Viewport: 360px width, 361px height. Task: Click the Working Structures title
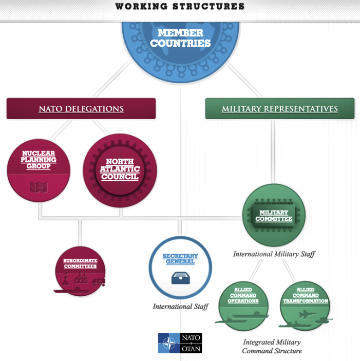(x=180, y=7)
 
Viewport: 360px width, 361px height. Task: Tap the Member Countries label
(x=180, y=39)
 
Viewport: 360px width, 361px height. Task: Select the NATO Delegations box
(x=81, y=109)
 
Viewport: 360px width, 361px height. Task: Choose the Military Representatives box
(x=279, y=109)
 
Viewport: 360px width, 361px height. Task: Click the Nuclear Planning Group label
(x=39, y=159)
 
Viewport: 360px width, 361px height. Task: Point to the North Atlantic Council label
(x=119, y=169)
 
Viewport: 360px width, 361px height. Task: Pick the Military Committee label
(x=274, y=216)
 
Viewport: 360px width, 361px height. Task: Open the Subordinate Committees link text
(x=80, y=263)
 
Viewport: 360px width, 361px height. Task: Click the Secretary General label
(x=180, y=258)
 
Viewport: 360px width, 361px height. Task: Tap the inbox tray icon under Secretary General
(x=180, y=278)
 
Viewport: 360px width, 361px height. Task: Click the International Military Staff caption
(x=274, y=254)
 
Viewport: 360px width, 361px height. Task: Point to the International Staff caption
(x=180, y=307)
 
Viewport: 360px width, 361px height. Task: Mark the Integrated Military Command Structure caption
(x=272, y=347)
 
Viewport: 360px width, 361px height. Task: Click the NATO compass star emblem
(x=168, y=343)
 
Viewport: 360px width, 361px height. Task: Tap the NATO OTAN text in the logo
(x=191, y=343)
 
